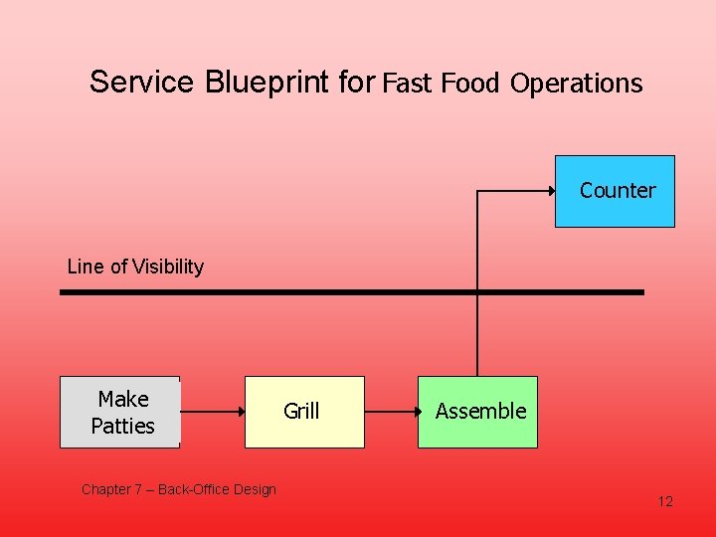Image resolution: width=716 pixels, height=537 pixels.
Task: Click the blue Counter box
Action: (615, 191)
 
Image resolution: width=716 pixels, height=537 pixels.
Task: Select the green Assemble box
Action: (477, 412)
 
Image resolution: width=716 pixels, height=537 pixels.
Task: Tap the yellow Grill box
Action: (305, 412)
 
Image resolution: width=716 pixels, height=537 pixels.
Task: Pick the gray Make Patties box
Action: (120, 412)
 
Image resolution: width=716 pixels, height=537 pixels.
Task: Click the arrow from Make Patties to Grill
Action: (213, 411)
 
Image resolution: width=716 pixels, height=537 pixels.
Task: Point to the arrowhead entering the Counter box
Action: (551, 189)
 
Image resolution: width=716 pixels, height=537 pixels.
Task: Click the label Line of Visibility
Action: (135, 267)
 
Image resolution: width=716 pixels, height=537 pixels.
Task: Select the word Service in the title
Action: (142, 82)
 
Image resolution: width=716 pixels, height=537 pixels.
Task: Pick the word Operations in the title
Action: (577, 84)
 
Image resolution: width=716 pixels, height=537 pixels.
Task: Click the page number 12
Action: (665, 501)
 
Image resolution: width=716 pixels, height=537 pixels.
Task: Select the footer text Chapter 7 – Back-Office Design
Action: (179, 489)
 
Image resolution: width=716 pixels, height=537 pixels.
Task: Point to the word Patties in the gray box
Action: (122, 426)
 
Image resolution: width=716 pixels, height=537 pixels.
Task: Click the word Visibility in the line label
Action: (169, 267)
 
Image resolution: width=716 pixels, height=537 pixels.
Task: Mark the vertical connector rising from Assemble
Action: (477, 328)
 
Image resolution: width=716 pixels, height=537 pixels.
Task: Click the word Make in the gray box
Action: (123, 399)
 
